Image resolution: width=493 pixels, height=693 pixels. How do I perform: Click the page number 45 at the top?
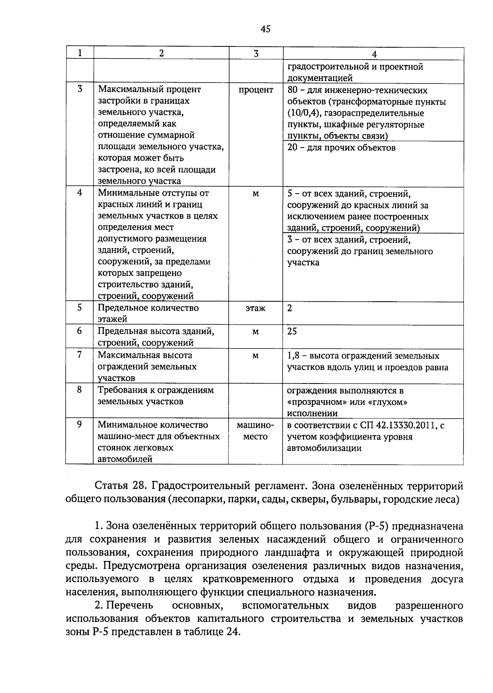[x=265, y=28]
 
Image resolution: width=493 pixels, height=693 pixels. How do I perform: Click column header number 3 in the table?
[x=256, y=53]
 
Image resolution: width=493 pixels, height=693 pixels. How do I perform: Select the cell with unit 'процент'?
[x=256, y=90]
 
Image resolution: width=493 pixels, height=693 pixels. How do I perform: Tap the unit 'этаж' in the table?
[x=256, y=308]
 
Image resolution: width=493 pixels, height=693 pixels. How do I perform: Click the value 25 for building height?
[x=292, y=331]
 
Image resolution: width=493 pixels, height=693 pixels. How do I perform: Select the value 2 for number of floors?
[x=290, y=308]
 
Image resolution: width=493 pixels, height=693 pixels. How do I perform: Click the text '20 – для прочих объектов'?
[x=341, y=148]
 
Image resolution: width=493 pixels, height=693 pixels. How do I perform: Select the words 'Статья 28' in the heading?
[x=119, y=486]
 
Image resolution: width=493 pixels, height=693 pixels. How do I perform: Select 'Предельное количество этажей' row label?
[x=148, y=313]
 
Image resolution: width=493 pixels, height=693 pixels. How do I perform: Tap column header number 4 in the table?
[x=373, y=54]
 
